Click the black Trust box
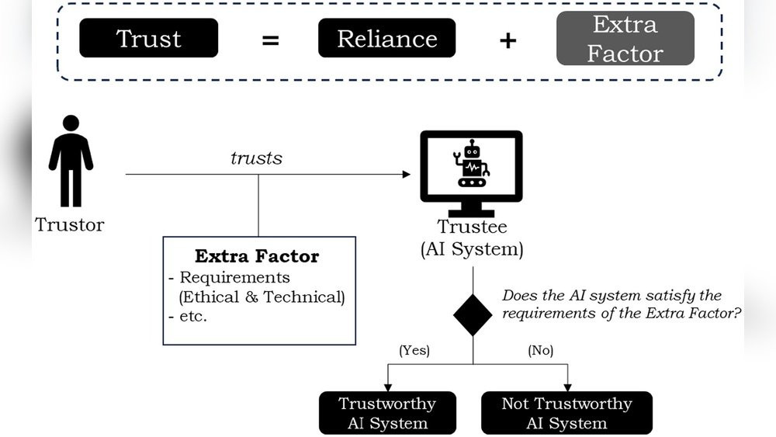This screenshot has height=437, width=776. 148,38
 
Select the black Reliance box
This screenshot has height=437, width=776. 387,38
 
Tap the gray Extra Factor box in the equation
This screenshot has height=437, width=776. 625,38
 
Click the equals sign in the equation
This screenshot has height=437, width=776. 270,40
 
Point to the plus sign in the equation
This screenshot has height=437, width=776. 508,40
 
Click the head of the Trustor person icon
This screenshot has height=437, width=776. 71,123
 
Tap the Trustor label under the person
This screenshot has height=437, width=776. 69,224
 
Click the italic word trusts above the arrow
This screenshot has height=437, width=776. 256,158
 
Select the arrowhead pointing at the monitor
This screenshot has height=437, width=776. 407,174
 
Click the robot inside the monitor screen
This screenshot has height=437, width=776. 472,163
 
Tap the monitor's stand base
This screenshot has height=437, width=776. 471,213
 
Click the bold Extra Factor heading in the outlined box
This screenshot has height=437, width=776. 257,256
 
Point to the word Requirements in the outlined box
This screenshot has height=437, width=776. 234,277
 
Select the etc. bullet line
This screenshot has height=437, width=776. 188,316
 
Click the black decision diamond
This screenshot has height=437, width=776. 473,315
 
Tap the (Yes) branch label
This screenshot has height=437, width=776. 414,350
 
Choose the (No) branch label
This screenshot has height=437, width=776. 540,350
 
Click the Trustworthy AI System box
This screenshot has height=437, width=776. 387,413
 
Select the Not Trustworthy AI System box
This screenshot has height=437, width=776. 566,413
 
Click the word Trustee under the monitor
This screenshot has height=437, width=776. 472,227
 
